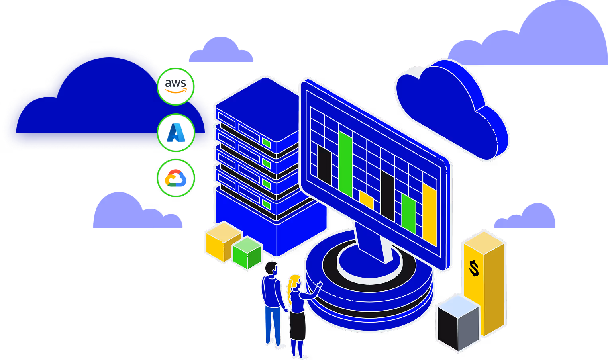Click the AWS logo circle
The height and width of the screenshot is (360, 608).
pyautogui.click(x=175, y=86)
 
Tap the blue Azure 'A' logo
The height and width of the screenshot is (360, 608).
pyautogui.click(x=176, y=133)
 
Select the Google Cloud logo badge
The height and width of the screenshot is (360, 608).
pyautogui.click(x=176, y=178)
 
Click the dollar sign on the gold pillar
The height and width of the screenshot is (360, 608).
pyautogui.click(x=474, y=268)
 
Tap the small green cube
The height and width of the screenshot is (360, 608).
pyautogui.click(x=247, y=253)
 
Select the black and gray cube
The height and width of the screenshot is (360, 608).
pyautogui.click(x=458, y=323)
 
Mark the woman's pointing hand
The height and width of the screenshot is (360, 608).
pyautogui.click(x=319, y=284)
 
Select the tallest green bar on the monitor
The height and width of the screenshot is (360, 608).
pyautogui.click(x=345, y=163)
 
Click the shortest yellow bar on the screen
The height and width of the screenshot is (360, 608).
pyautogui.click(x=367, y=201)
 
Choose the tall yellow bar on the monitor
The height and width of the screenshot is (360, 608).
pyautogui.click(x=430, y=215)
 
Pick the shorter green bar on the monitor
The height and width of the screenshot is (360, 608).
pyautogui.click(x=409, y=213)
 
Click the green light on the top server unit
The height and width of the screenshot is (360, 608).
pyautogui.click(x=266, y=142)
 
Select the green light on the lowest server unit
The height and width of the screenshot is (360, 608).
pyautogui.click(x=266, y=205)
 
